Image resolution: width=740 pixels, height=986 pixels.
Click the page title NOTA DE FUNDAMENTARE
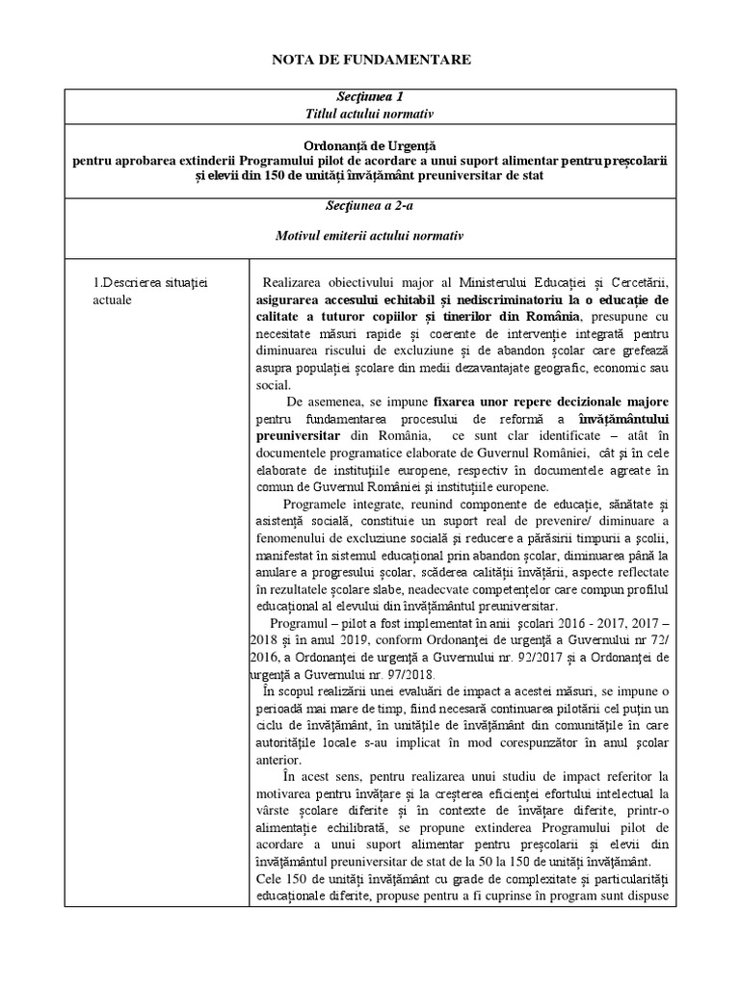tap(370, 60)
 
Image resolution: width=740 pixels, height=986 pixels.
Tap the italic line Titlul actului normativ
tap(369, 114)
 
